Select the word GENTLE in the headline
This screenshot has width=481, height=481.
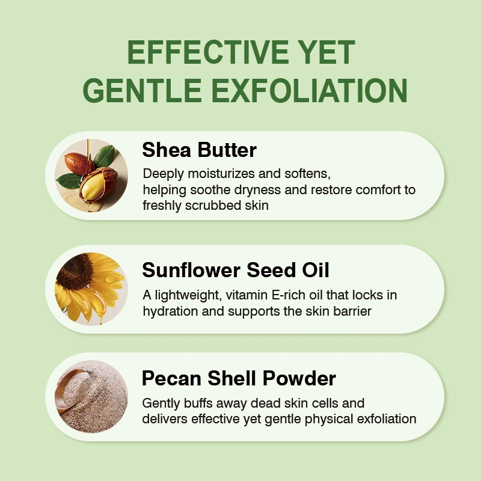pyautogui.click(x=142, y=90)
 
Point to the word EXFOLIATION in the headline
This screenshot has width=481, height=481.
pyautogui.click(x=310, y=90)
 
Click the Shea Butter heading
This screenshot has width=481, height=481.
pyautogui.click(x=200, y=150)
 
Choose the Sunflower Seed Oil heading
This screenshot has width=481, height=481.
pyautogui.click(x=236, y=270)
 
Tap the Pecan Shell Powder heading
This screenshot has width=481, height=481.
pyautogui.click(x=239, y=378)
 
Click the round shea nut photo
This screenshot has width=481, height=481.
pyautogui.click(x=91, y=176)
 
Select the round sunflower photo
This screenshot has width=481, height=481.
pyautogui.click(x=91, y=289)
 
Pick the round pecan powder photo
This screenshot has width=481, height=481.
pyautogui.click(x=91, y=397)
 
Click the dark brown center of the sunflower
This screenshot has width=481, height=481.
pyautogui.click(x=75, y=271)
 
